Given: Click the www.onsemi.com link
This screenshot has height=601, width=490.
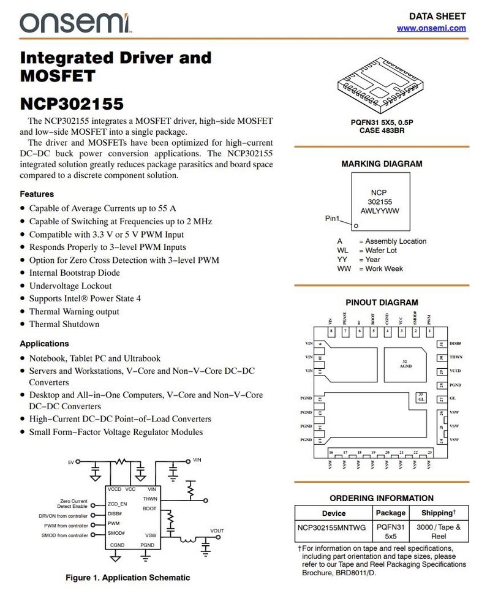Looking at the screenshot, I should click(431, 28).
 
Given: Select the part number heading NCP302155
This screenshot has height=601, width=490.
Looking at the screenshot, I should click(72, 103).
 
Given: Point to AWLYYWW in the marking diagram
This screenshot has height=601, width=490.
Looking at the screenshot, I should click(380, 211).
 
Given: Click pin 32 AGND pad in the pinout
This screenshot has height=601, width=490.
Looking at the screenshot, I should click(404, 364).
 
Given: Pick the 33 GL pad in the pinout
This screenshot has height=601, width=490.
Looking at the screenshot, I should click(421, 397).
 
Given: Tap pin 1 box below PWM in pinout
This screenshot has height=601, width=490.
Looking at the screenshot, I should click(429, 331).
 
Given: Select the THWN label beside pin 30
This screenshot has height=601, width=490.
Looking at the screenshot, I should click(455, 357).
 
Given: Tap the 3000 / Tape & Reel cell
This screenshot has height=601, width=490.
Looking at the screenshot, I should click(438, 531).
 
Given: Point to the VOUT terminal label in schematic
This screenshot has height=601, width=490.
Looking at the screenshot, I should click(217, 531).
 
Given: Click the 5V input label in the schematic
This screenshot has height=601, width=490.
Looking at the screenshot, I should click(70, 461).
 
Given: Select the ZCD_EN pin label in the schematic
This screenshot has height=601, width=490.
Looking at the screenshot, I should click(117, 504).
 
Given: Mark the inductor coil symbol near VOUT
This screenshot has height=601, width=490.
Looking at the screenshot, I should click(188, 540).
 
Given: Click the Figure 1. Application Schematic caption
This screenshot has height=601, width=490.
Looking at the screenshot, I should click(128, 577).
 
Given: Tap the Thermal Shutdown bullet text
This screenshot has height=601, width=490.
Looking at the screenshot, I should click(64, 324).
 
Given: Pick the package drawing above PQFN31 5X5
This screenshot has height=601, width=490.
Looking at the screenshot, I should click(379, 83).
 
